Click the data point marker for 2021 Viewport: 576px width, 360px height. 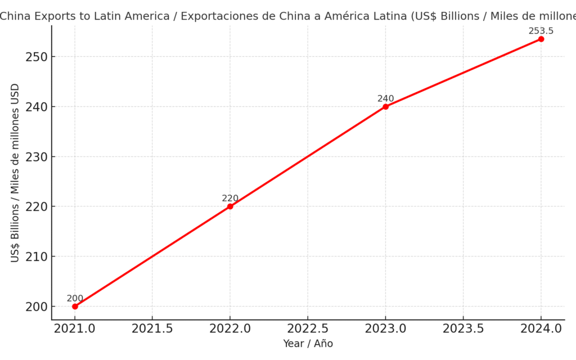click(x=75, y=307)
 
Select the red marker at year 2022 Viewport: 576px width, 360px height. click(x=230, y=206)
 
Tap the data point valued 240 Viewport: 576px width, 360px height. click(x=385, y=106)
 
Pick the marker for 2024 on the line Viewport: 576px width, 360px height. click(x=541, y=39)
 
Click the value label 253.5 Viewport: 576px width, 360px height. click(x=541, y=31)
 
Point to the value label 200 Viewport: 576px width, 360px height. click(x=75, y=299)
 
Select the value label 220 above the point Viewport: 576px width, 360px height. click(x=230, y=199)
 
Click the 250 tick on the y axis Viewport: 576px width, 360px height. click(x=36, y=57)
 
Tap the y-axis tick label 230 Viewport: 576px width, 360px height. click(x=36, y=157)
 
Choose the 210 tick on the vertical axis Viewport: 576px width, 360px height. click(x=36, y=256)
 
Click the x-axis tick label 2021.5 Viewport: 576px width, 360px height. click(x=152, y=329)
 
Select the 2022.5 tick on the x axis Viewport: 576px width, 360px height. click(x=308, y=329)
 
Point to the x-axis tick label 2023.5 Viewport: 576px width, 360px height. click(x=463, y=329)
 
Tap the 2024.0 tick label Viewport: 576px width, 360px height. click(x=541, y=329)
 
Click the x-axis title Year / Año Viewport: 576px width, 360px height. click(x=308, y=344)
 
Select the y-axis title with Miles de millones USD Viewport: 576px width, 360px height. click(x=15, y=173)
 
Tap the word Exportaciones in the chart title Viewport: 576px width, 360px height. click(x=201, y=16)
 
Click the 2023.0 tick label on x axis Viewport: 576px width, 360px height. click(x=385, y=329)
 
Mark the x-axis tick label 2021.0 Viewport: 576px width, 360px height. click(x=75, y=329)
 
